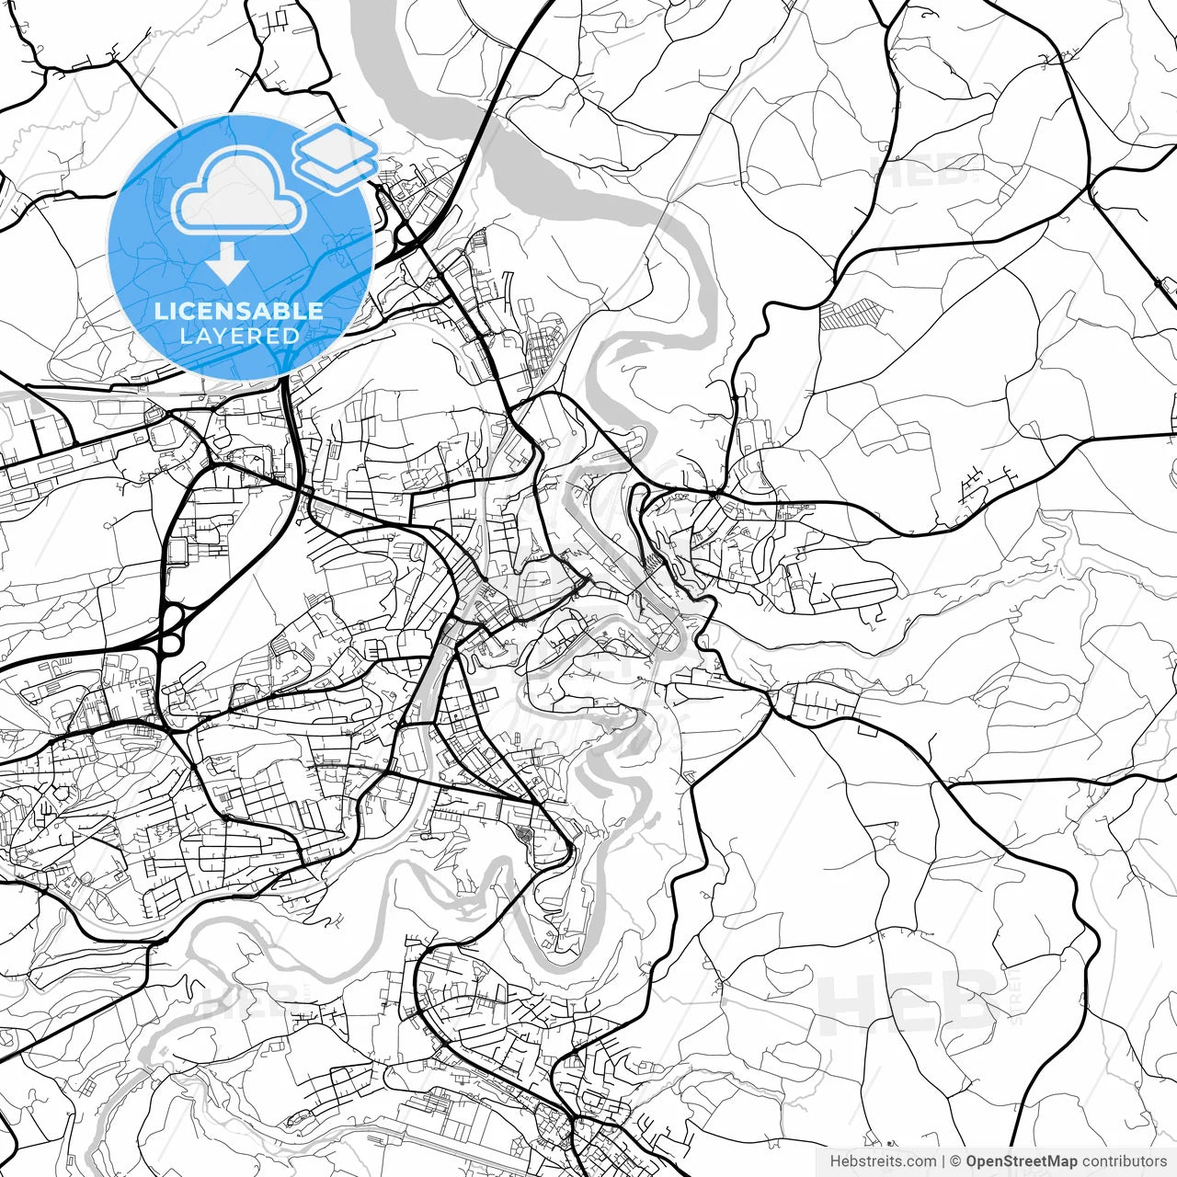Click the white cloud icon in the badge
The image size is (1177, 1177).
[x=240, y=192]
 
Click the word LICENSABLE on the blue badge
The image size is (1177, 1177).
[x=239, y=311]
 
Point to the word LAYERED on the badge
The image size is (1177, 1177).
[x=239, y=336]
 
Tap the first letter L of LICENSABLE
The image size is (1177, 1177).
[x=160, y=311]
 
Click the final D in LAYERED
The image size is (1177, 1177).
[x=291, y=336]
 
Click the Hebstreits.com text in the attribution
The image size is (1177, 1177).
[x=883, y=1161]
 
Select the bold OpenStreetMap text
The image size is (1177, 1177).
[x=1022, y=1161]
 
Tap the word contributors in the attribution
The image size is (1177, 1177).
[x=1124, y=1161]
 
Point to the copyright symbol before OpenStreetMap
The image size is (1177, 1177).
[x=956, y=1161]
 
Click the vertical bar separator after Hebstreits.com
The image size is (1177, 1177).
[x=943, y=1161]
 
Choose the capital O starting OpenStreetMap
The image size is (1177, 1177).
[x=972, y=1161]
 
